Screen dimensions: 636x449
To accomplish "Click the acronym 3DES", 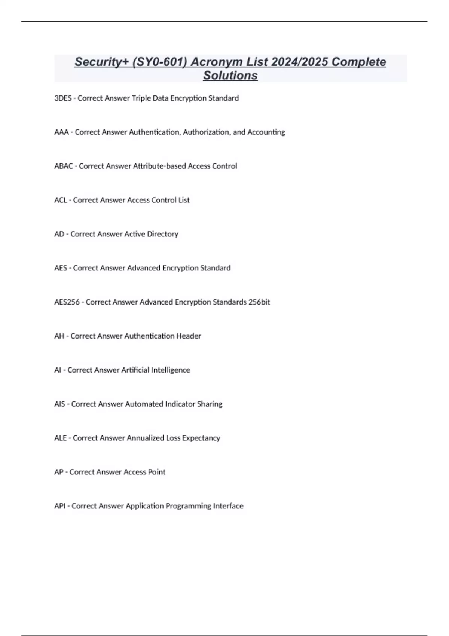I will [63, 98].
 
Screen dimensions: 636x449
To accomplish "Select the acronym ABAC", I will [64, 166].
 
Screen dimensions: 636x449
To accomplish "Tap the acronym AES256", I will [67, 302].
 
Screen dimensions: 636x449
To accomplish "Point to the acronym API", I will [60, 506].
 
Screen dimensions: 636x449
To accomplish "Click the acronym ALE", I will [60, 438].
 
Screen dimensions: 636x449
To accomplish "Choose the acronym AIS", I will [59, 404].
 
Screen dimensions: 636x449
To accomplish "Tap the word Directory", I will [162, 234].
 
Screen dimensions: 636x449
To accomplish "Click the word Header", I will [189, 336].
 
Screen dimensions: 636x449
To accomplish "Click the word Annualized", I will [146, 438].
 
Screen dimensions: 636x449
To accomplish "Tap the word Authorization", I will [206, 132].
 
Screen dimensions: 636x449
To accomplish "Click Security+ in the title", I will [101, 62].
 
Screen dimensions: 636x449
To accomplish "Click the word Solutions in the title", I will [230, 76].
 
